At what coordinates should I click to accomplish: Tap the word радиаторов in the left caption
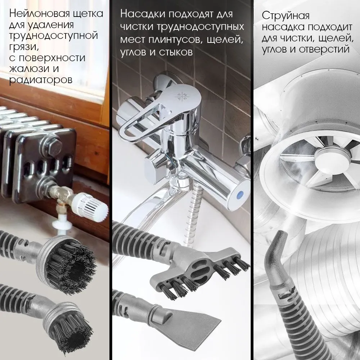point(41,80)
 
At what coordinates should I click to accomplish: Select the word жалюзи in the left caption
point(29,69)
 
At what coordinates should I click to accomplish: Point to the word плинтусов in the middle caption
point(175,40)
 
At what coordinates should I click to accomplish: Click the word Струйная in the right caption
point(285,16)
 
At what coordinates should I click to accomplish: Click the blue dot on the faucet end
point(239,195)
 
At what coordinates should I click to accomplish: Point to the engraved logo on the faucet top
point(183,96)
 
